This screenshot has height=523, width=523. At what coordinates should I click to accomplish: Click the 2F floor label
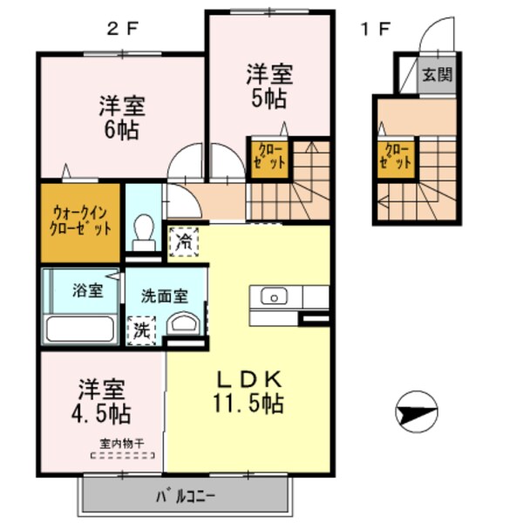pos(123,28)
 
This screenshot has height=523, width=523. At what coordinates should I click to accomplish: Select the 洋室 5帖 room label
pos(267,85)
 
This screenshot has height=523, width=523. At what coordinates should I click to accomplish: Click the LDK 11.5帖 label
pos(248,392)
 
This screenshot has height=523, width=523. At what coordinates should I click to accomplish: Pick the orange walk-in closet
pos(79,221)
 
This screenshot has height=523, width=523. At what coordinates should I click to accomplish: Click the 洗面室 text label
pos(163,295)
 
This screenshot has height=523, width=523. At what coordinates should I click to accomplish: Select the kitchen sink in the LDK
pos(274,297)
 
